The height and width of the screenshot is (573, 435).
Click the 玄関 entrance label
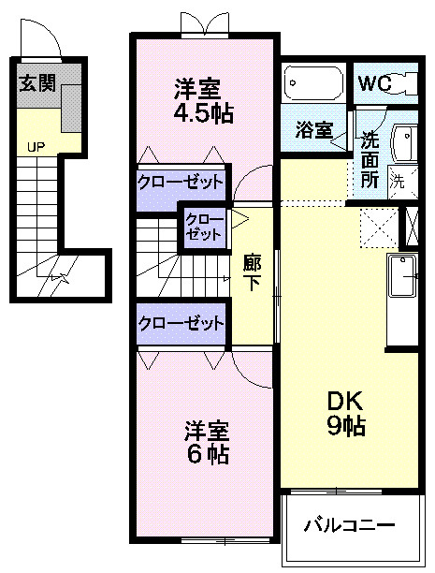point(36,83)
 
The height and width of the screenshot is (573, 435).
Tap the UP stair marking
point(36,147)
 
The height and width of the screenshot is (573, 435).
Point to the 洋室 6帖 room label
point(207,443)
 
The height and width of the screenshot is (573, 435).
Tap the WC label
point(373,83)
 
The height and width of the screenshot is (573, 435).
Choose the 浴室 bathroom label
point(314,130)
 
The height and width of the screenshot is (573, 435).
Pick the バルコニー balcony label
point(349,525)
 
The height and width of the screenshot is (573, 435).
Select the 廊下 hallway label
point(252,272)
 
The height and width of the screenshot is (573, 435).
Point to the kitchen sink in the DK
point(404,276)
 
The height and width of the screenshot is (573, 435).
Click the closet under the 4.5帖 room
point(181,180)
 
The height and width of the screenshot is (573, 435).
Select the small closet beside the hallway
point(204,228)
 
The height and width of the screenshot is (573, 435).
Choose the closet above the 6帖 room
point(181,324)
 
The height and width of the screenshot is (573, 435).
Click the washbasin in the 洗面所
point(407,142)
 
